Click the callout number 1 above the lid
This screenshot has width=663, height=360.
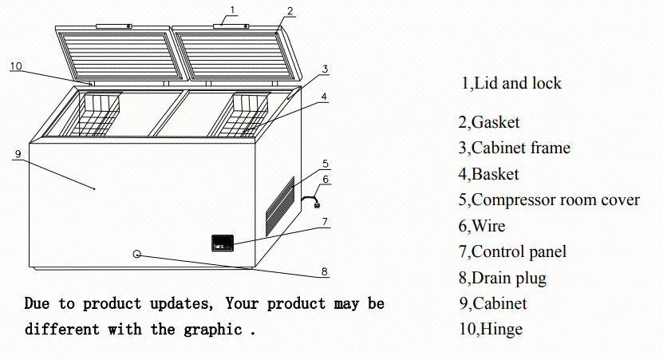[232, 10]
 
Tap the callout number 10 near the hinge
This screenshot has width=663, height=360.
[16, 66]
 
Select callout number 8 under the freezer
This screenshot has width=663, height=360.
[324, 271]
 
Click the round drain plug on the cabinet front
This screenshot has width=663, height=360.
[137, 254]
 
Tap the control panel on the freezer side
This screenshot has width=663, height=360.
[222, 242]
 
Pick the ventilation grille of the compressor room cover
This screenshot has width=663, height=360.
[281, 205]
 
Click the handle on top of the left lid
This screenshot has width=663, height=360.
[112, 26]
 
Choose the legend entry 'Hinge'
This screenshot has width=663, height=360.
[501, 329]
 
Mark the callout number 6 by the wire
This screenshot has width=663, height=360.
[325, 180]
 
